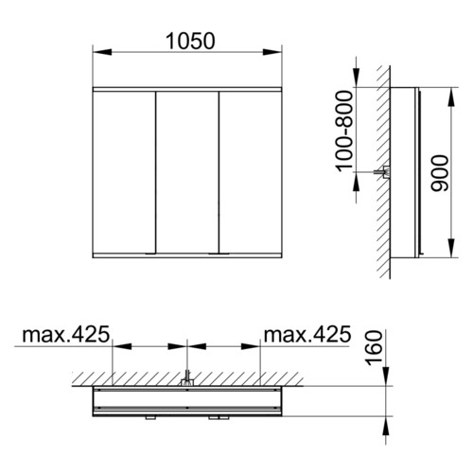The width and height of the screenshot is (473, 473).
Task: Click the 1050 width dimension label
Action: [x=190, y=42]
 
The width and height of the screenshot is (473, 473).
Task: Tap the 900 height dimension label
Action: [x=440, y=173]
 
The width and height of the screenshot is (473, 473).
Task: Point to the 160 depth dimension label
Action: [x=374, y=348]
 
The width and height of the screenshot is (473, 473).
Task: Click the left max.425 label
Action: [x=66, y=334]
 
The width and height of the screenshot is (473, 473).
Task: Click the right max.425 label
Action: [x=307, y=334]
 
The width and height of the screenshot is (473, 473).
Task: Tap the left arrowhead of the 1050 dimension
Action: [x=102, y=52]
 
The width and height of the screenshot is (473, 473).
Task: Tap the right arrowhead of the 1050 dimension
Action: [x=272, y=52]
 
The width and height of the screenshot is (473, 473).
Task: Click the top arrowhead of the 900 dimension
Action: [x=452, y=97]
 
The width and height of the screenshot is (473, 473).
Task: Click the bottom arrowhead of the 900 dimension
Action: [x=452, y=248]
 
